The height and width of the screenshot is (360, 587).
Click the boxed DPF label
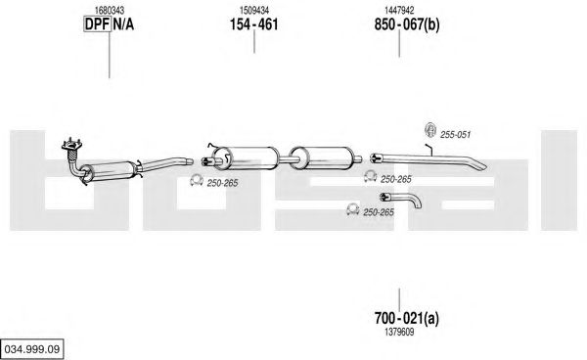97,24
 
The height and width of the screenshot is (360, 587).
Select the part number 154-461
253,24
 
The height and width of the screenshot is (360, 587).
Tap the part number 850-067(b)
407,24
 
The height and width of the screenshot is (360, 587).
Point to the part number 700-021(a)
407,319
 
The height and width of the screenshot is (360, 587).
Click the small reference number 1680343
110,10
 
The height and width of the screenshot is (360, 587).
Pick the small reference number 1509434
254,10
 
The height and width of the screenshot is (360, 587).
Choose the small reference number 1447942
399,10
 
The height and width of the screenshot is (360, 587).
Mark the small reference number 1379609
399,333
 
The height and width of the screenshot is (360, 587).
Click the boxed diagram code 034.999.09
32,349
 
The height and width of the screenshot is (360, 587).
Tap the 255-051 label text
455,135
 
